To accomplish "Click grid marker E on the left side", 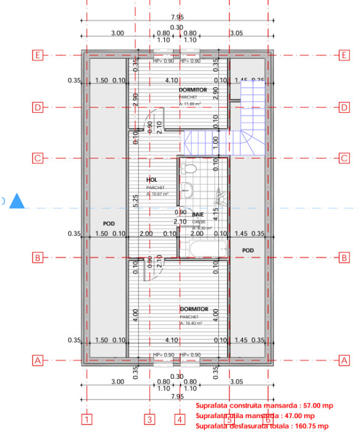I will point(37,55).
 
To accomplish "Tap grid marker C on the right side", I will point(344,158).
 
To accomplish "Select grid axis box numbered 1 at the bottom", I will point(87,420).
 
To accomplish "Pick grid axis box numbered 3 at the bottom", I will point(149,420).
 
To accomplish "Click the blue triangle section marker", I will point(18,201).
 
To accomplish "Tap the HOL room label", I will point(152,179).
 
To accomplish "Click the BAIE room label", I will point(198,215).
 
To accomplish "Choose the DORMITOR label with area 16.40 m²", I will point(194,309).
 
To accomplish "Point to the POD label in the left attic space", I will point(109,223).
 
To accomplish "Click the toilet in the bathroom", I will point(189,168).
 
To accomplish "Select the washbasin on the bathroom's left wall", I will point(187,191).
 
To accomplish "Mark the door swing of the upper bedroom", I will point(156,117).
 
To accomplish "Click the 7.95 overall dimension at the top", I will point(177,18).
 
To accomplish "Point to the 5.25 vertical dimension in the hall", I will point(136,200).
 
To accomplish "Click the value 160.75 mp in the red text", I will point(311,425).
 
